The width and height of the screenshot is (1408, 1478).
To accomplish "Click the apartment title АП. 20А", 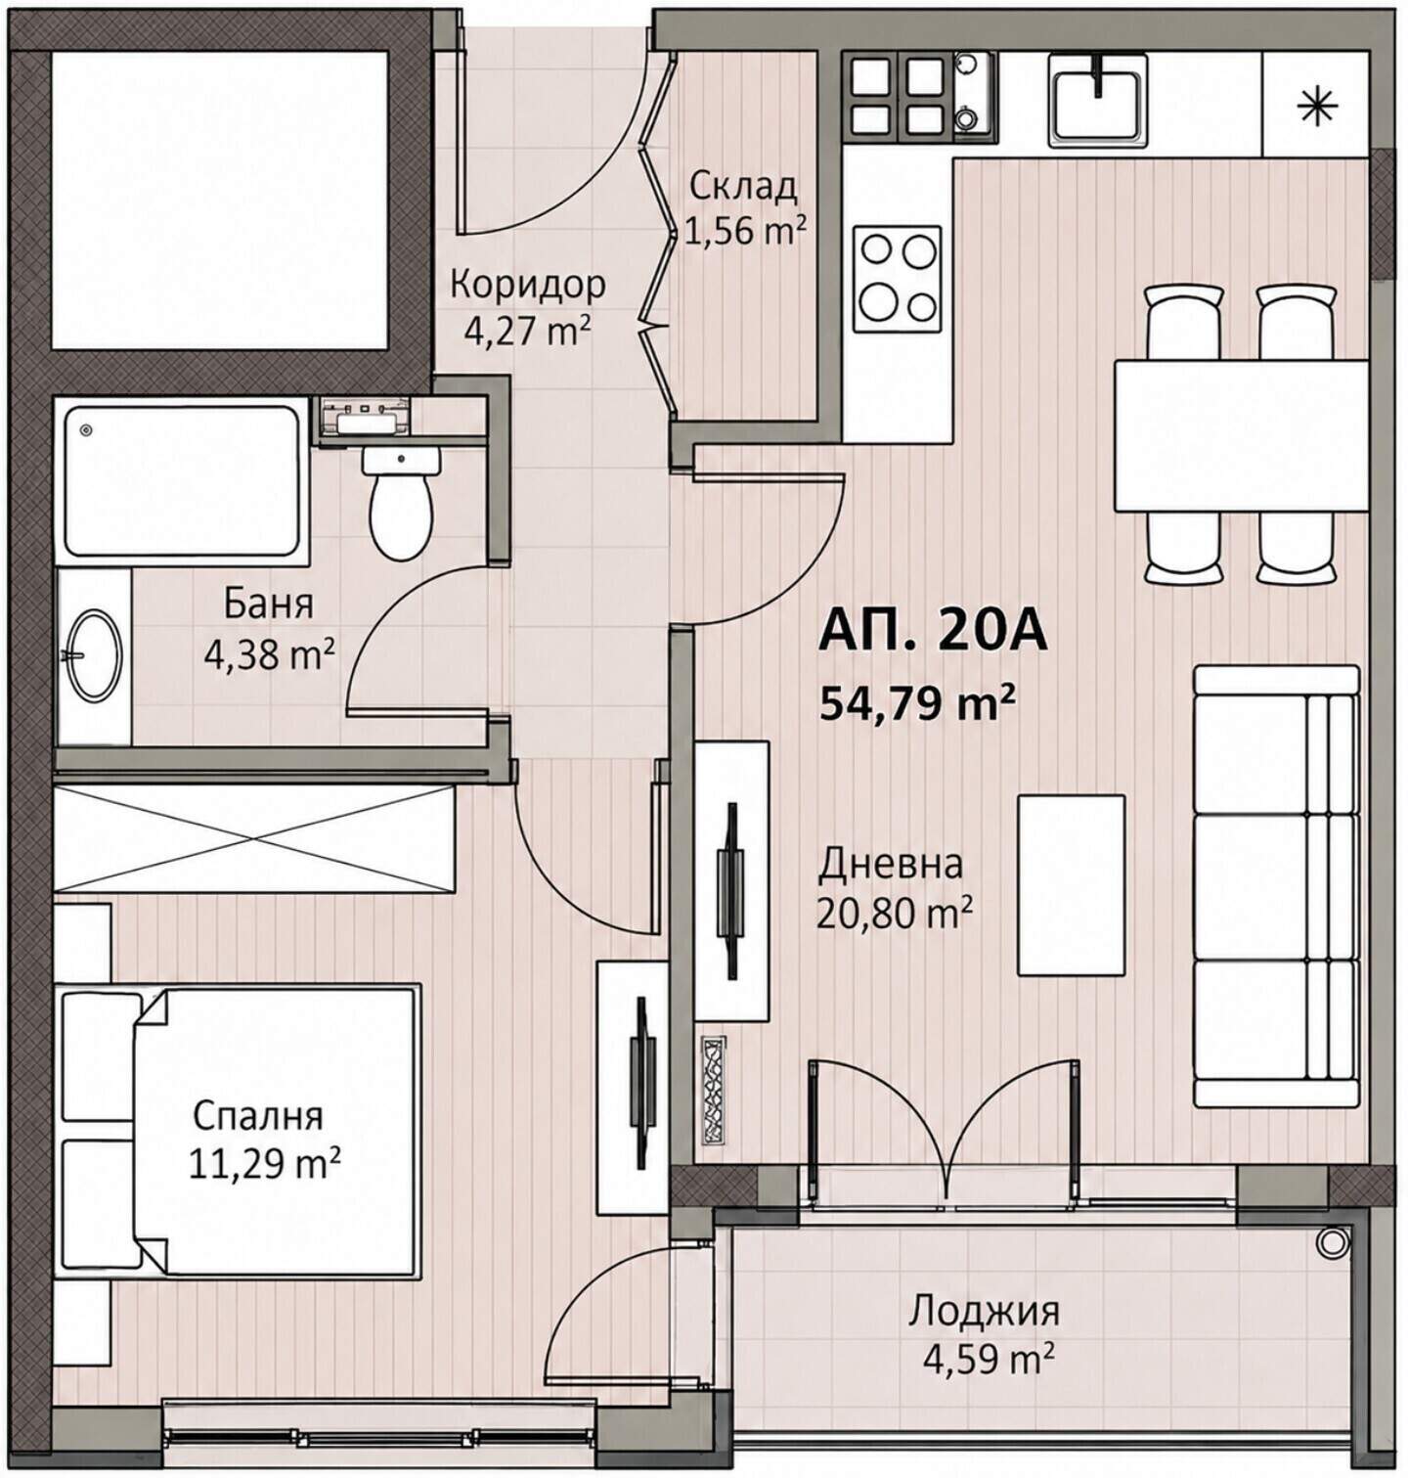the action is point(932,632).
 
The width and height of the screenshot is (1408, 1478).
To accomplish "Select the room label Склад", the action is point(743,185).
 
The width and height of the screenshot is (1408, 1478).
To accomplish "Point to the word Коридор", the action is point(527,285).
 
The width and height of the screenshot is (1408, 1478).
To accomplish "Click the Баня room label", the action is point(269,605).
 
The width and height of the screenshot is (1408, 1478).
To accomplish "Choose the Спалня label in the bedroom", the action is point(258,1115).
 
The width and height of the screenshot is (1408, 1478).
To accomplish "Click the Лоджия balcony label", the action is point(985,1309).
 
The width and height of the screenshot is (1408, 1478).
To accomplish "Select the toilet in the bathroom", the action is point(401,504).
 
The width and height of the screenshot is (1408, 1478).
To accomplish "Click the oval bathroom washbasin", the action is point(95,654).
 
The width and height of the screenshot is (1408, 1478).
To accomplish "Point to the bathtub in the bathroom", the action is point(183,480).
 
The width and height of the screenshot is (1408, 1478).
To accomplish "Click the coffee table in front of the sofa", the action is point(1071,884).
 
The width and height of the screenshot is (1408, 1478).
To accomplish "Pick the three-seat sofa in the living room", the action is point(1277,886).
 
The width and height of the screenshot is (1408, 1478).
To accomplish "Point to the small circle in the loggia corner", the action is point(1331,1242).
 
